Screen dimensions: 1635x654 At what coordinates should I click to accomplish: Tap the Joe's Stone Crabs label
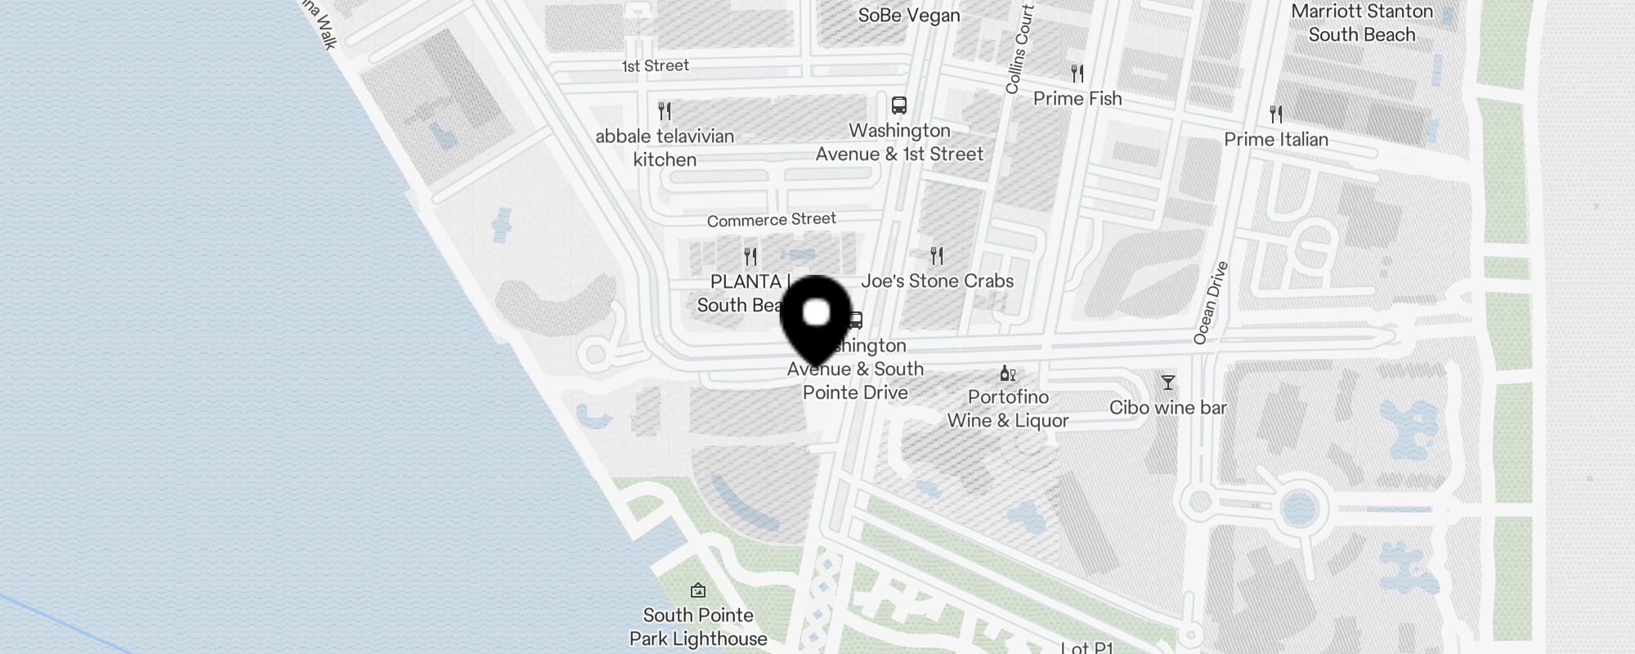point(937,281)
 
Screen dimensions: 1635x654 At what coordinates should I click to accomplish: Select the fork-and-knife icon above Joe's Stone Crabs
point(937,256)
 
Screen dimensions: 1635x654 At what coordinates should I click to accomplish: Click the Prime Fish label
point(1077,99)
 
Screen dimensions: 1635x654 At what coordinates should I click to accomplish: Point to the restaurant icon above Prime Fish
point(1077,74)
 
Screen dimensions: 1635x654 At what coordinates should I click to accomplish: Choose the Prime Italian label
point(1275,140)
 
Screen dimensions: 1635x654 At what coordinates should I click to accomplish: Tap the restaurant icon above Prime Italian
point(1276,114)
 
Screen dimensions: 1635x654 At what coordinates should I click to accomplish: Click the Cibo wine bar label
point(1167,408)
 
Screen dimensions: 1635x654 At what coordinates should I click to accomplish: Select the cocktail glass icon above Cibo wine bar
point(1167,382)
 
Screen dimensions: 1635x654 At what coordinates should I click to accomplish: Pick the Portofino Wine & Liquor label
point(1008,409)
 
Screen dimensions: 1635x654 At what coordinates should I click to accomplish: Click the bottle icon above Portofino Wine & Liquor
point(1007,374)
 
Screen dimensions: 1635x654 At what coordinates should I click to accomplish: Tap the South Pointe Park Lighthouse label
point(698,627)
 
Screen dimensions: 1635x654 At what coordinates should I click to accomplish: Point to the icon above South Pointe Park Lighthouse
point(698,590)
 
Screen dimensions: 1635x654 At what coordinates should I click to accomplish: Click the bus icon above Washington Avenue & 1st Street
point(899,105)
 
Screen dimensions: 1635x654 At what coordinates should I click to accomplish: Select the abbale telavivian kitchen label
point(665,148)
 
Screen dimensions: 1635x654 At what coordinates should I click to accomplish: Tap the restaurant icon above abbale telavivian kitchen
point(665,110)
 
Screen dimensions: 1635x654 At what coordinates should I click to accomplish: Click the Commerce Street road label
point(771,220)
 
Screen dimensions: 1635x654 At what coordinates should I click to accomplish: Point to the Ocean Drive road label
point(1211,302)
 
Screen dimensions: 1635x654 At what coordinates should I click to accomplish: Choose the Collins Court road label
point(1020,49)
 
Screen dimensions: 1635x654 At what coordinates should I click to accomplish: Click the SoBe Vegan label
point(908,16)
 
